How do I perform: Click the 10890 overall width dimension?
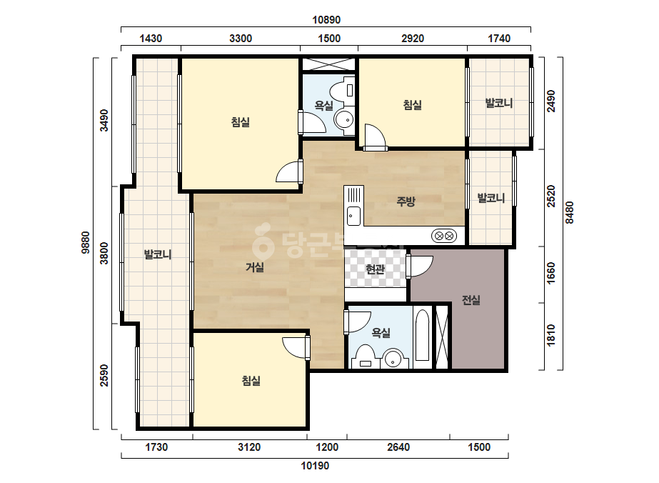coord(326,20)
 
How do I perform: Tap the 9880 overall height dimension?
coord(85,243)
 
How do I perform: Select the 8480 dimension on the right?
coord(569,212)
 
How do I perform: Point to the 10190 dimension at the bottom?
coord(315,465)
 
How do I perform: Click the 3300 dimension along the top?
coord(241,39)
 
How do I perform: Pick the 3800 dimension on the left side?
coord(104,253)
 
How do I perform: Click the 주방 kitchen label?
coord(406,201)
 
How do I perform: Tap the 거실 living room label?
coord(255,267)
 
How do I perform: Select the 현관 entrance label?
coord(376,269)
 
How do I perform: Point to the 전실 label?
coord(471,300)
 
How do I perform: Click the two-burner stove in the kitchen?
coord(444,236)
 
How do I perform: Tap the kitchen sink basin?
coord(353,216)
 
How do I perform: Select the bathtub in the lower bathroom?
coord(422,335)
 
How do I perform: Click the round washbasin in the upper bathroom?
coord(345,120)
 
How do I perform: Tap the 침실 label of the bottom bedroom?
coord(251,381)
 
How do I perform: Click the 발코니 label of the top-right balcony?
coord(499,103)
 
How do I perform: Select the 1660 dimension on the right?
coord(551,273)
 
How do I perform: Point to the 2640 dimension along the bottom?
coord(398,447)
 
